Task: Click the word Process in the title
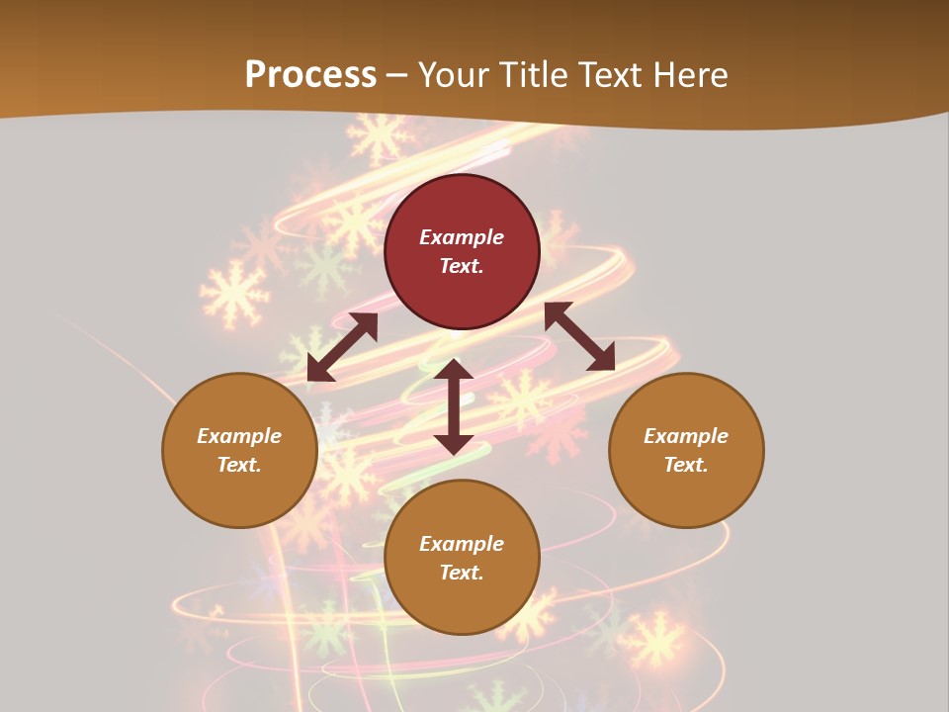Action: pos(310,74)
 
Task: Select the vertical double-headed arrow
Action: pos(454,406)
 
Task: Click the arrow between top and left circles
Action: pos(342,347)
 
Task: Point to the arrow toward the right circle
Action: pos(579,336)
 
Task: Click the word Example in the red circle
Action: pos(462,237)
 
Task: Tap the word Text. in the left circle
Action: pos(239,465)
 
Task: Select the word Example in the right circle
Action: pos(686,436)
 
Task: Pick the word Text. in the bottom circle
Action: pos(462,573)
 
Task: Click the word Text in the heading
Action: pos(614,74)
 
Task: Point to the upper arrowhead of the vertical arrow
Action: pos(454,370)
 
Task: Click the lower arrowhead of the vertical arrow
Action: pos(454,444)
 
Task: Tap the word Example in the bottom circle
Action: pos(462,544)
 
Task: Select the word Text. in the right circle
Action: pos(686,465)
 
